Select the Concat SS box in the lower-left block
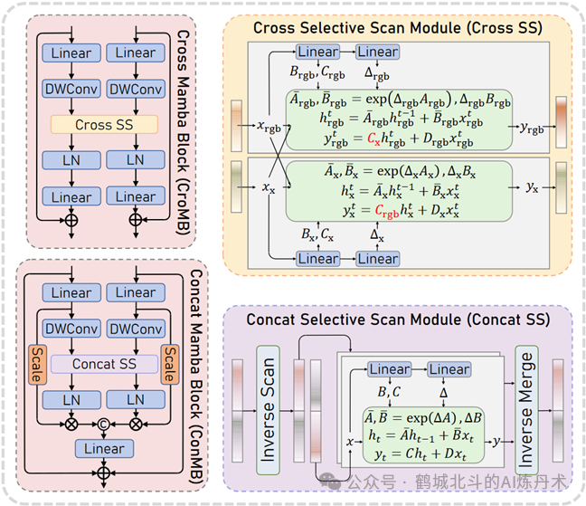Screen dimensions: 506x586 106,363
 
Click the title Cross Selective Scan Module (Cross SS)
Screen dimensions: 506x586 397,28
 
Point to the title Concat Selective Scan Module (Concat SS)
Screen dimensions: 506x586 398,320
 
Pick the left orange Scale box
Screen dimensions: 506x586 39,363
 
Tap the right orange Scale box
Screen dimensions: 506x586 172,363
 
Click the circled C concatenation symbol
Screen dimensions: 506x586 104,421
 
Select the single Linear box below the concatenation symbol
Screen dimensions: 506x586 104,449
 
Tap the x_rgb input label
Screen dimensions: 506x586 269,128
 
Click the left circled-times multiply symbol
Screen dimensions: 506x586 71,421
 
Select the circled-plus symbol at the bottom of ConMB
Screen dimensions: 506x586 104,473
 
